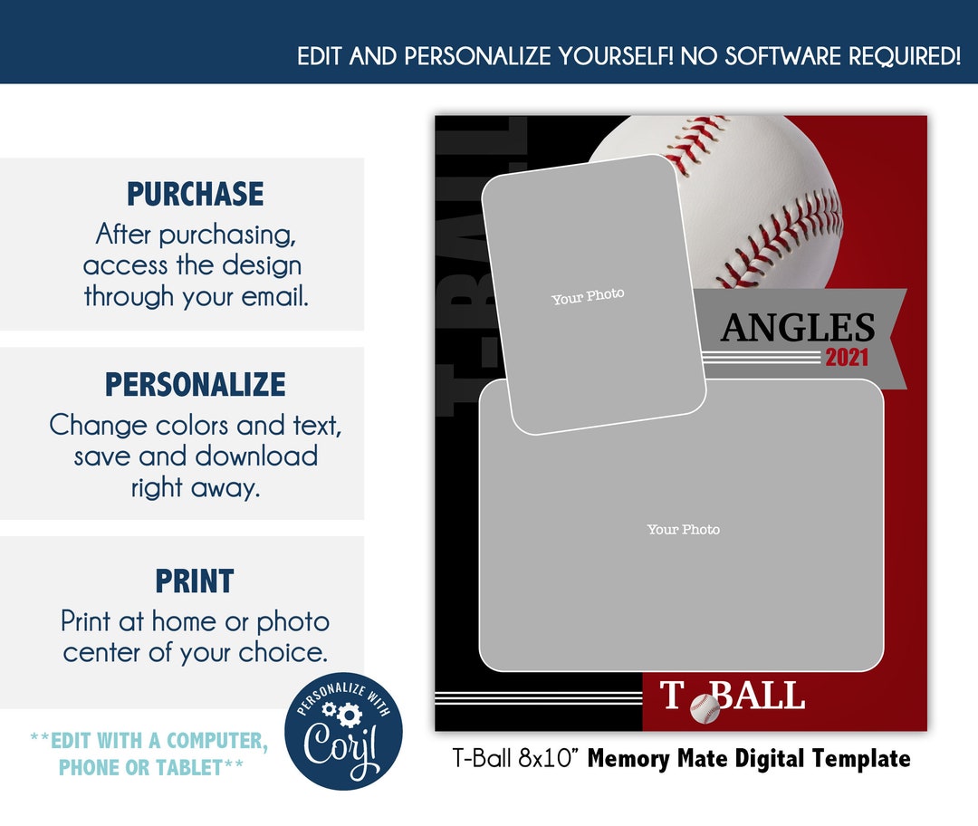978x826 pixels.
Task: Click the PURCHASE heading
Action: (x=195, y=194)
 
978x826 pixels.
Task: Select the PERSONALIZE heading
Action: (x=195, y=384)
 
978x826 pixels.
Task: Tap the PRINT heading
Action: (x=195, y=581)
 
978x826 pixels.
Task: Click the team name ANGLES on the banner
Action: (x=798, y=328)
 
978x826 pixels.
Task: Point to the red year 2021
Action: (x=846, y=358)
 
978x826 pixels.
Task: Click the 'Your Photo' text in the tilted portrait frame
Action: (x=588, y=296)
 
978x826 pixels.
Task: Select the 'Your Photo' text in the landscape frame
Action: (x=683, y=529)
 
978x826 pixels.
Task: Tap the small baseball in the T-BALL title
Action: (x=705, y=708)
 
